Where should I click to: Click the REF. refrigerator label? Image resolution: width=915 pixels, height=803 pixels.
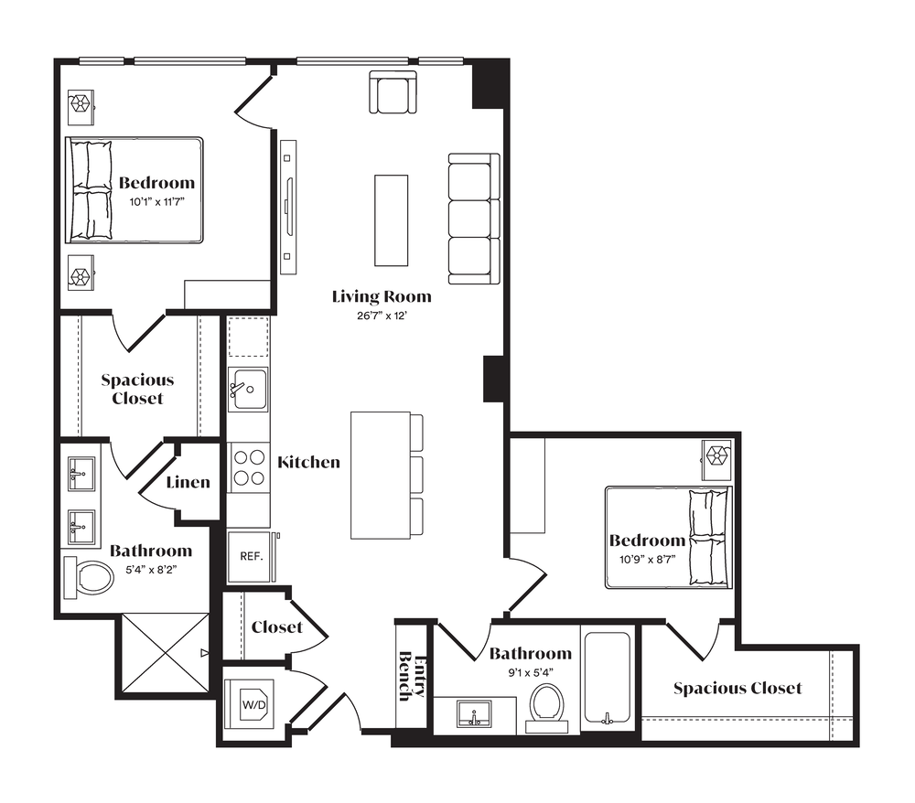252,556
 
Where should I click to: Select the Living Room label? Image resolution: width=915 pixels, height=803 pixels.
382,297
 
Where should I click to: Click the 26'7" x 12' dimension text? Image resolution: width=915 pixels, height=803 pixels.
382,316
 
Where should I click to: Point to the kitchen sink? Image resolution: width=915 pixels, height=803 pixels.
248,389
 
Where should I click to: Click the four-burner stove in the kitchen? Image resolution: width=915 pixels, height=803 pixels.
249,467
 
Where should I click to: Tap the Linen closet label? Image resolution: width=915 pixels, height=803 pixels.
188,482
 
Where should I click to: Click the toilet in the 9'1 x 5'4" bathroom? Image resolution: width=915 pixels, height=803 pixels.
547,707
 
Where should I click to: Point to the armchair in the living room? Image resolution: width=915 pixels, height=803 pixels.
393,92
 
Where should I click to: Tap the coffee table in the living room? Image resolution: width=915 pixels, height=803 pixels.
391,220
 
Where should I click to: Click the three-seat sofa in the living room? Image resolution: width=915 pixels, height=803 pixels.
474,219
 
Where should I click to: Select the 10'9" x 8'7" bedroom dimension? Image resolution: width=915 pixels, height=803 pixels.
647,560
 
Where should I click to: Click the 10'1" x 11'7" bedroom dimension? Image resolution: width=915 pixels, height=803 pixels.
157,202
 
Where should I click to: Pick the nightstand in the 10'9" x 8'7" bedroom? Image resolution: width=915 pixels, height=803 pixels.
716,459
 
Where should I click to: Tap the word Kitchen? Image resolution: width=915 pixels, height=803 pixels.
308,463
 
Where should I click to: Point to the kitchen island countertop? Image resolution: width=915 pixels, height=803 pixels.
381,476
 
